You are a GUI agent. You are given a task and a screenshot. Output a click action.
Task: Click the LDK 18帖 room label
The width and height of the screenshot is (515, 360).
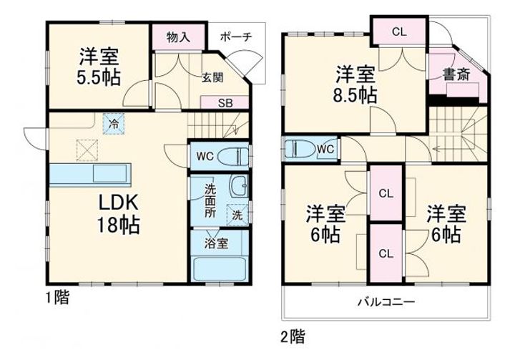pos(118,214)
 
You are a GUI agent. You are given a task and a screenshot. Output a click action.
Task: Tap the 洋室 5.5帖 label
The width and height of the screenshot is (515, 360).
pos(99,67)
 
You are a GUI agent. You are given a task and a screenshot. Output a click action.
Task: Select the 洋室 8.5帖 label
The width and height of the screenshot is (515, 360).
pos(355,84)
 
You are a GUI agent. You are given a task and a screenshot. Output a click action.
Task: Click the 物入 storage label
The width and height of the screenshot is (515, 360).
pos(178,37)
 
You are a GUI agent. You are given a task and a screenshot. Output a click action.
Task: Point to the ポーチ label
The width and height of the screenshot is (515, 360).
pos(236,37)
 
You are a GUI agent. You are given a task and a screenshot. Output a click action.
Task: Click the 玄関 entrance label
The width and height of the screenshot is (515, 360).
pos(212,77)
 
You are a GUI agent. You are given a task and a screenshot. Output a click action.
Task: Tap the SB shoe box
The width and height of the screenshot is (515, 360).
pos(225,103)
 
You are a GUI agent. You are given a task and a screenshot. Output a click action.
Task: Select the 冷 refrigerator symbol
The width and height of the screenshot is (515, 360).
pos(114,124)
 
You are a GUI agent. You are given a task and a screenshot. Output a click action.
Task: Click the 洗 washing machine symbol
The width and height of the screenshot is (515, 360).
pos(237,215)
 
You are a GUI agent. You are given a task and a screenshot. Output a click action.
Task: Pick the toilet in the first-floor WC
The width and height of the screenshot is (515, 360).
pos(233,157)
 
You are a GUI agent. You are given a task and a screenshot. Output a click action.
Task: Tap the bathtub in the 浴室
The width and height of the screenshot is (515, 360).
pos(220,269)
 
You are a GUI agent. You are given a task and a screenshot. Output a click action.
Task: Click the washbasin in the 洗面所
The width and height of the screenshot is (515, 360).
pos(239,186)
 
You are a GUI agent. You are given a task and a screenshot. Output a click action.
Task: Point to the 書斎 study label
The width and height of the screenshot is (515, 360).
pos(456,74)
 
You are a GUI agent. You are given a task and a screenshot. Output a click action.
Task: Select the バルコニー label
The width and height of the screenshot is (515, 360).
pos(386,301)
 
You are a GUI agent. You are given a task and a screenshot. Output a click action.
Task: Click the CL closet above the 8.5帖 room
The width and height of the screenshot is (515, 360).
pos(399,31)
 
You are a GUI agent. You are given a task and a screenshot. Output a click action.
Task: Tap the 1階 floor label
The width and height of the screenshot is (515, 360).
pos(57,298)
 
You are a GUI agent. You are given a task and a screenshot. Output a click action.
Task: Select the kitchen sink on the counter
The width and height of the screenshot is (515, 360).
pos(109,174)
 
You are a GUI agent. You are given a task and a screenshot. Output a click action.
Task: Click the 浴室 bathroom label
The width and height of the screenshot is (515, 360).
pos(216,243)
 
